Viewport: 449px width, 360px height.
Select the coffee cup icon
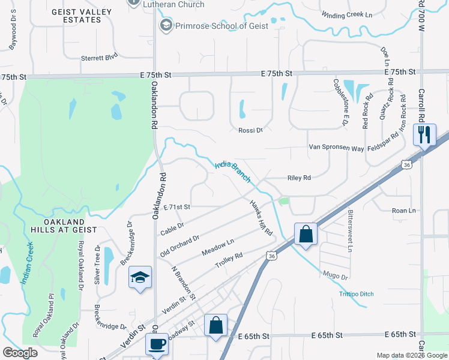pos(157,344)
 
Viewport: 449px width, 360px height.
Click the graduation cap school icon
pos(140,277)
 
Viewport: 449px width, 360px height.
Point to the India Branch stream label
pos(232,171)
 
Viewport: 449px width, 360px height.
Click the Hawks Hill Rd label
pos(262,217)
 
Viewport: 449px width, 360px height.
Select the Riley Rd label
pos(299,178)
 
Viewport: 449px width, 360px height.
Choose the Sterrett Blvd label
pos(99,58)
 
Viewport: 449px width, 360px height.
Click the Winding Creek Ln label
pos(348,15)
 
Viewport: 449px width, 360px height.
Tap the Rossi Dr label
pos(251,130)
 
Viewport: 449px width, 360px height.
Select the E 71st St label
pos(176,206)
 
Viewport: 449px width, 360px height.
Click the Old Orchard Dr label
pos(179,247)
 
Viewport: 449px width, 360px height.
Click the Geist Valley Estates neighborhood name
pos(77,16)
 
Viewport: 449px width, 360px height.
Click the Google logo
pos(20,353)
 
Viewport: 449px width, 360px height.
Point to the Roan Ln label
pos(403,211)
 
